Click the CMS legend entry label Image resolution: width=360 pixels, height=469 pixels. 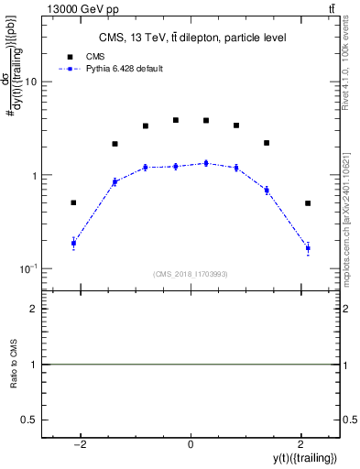96,56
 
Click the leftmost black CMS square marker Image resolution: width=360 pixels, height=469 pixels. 73,202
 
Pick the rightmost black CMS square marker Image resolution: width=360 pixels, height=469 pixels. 308,203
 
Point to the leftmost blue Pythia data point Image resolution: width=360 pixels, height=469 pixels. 73,243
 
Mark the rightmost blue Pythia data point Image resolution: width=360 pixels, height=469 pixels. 308,248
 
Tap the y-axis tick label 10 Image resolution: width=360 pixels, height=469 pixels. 30,82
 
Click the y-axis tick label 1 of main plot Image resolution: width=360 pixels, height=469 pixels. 34,175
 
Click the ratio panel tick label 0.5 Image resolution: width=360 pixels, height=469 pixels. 29,420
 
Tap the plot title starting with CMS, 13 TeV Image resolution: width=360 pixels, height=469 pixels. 192,38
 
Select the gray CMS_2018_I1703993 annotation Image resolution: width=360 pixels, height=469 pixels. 191,274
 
